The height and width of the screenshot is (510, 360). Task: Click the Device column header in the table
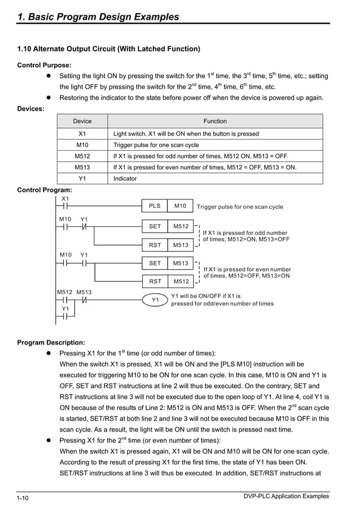82,121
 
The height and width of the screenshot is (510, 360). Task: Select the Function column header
215,121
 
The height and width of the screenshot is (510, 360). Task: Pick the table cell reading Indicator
125,178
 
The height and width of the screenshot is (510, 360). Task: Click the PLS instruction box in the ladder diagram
155,207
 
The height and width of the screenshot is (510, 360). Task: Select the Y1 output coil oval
155,300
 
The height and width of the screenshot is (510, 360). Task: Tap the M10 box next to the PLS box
181,207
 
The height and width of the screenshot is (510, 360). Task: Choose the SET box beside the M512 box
155,226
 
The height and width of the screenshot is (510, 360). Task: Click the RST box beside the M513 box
155,245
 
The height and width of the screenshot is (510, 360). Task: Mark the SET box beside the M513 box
155,263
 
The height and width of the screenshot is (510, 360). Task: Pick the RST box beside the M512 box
155,281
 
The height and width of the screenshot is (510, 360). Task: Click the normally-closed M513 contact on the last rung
85,300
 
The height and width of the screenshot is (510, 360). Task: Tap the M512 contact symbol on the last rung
65,300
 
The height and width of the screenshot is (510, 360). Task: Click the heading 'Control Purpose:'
45,65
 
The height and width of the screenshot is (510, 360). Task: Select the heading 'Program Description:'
51,342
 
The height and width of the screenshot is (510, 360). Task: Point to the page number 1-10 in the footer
23,498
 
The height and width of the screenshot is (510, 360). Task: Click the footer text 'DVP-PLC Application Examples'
286,496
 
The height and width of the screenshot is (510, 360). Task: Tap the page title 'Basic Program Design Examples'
98,17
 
